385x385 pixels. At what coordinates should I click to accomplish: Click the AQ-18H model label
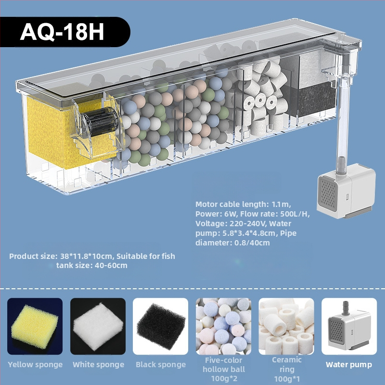coord(62,32)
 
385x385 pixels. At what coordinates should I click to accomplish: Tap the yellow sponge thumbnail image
coord(35,326)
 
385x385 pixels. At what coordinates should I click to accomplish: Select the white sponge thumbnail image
coord(98,326)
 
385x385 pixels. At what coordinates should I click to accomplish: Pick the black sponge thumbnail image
coord(161,326)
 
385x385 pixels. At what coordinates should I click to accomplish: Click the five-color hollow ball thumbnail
coord(223,326)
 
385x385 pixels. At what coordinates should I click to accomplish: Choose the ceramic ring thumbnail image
coord(286,326)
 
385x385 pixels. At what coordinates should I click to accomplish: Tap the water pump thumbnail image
coord(349,326)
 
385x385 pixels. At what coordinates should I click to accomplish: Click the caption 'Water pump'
coord(348,365)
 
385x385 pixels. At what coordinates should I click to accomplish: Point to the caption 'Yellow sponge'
coord(35,365)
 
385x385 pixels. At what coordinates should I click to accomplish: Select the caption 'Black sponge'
coord(161,365)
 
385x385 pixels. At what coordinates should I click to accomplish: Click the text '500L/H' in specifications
coord(294,214)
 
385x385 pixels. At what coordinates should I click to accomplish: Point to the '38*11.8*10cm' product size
coord(87,257)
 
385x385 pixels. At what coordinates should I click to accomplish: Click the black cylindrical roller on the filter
coord(101,121)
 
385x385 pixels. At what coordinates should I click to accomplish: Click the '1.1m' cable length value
coord(281,204)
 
